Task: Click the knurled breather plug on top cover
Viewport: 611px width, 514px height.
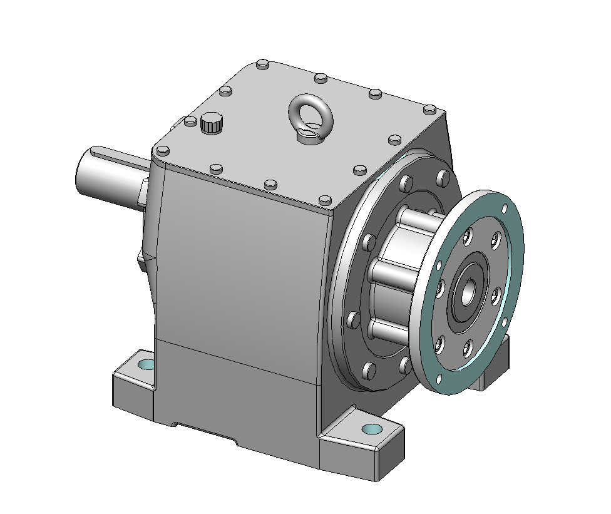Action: tap(212, 123)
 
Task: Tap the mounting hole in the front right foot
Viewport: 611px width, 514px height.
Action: tap(372, 429)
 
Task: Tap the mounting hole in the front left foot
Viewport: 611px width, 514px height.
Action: tap(146, 364)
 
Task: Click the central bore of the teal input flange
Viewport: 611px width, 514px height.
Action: tap(468, 289)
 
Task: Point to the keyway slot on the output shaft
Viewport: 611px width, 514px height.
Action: tap(119, 154)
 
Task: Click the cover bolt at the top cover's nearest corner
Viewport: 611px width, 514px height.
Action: tap(324, 200)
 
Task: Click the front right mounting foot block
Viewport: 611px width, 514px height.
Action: tap(360, 445)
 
